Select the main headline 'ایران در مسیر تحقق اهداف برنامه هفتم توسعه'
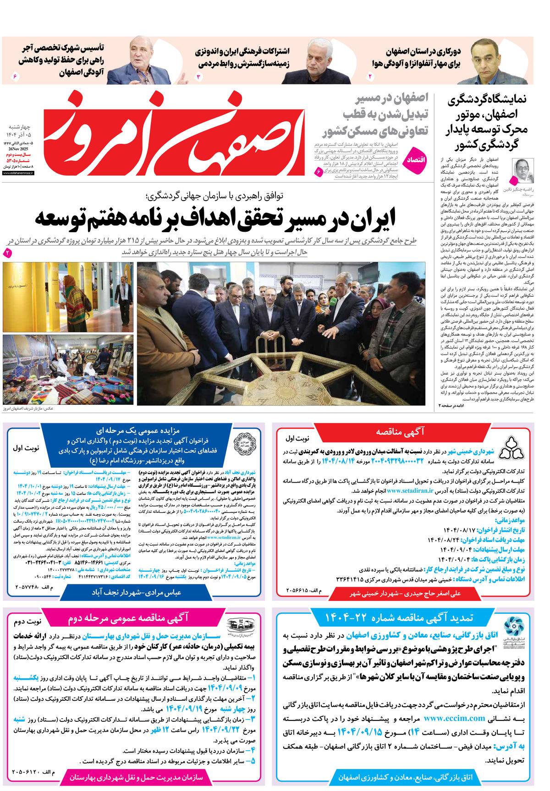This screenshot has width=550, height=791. tap(215, 218)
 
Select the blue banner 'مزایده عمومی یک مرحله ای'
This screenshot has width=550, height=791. tap(137, 431)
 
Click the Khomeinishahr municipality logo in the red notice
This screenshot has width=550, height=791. tap(511, 448)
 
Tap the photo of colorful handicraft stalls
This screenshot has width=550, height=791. tap(68, 370)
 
